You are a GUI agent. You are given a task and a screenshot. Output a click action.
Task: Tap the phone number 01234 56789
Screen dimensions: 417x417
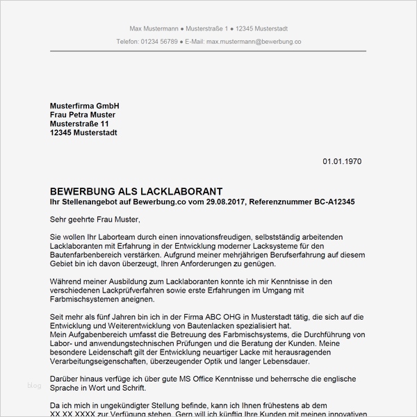click(159, 42)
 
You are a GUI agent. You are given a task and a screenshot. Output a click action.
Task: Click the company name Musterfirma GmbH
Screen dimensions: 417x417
click(80, 106)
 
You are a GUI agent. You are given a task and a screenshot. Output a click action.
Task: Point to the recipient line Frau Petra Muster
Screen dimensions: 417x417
click(83, 115)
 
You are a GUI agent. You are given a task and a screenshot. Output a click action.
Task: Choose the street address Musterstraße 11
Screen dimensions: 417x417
click(80, 124)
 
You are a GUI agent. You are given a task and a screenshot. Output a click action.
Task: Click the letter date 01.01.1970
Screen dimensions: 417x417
click(342, 162)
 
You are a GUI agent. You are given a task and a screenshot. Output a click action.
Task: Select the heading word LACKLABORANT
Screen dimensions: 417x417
click(184, 191)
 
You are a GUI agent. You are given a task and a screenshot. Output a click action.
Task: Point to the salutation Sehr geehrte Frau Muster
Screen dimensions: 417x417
click(95, 220)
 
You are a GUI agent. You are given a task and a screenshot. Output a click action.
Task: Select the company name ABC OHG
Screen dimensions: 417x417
click(195, 317)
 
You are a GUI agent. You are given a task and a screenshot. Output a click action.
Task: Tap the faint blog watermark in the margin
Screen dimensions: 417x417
click(34, 384)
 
